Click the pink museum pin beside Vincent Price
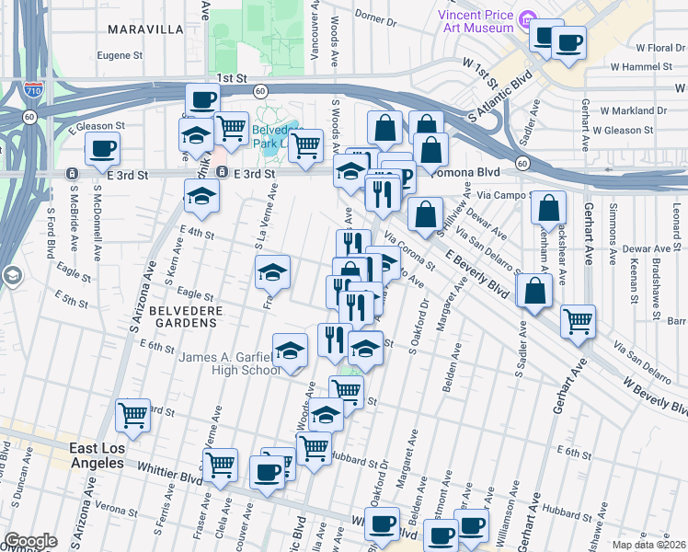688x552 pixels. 527,18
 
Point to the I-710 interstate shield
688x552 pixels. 33,90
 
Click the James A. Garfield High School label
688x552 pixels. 231,363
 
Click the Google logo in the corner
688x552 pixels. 29,541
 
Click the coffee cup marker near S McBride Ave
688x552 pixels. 102,147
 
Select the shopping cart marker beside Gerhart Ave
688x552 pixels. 578,321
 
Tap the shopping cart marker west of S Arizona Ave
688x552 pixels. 132,415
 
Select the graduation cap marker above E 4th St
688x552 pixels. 201,195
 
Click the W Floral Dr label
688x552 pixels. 653,47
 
